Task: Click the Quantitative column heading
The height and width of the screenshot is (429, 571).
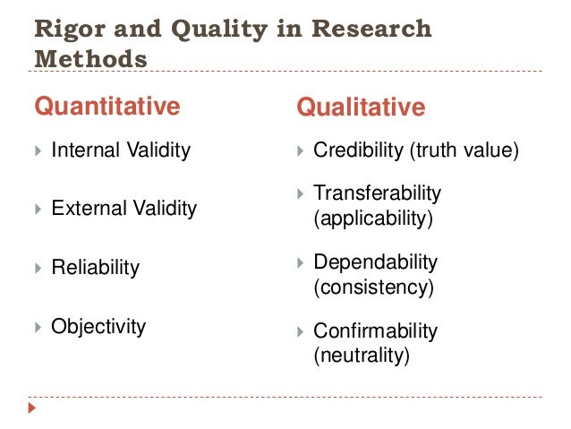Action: coord(107,107)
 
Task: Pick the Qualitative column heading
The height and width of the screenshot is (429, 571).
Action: coord(361,108)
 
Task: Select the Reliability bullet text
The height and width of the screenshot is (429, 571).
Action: coord(96,268)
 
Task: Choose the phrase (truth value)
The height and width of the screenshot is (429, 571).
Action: coord(463,150)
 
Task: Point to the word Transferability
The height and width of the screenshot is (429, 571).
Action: coord(377,193)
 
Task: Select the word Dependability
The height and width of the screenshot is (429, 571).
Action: coord(375,262)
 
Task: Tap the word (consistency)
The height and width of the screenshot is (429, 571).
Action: coord(373,288)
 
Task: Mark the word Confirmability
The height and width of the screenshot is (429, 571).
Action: coord(375,331)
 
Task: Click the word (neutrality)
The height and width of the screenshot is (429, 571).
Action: coord(362,356)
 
